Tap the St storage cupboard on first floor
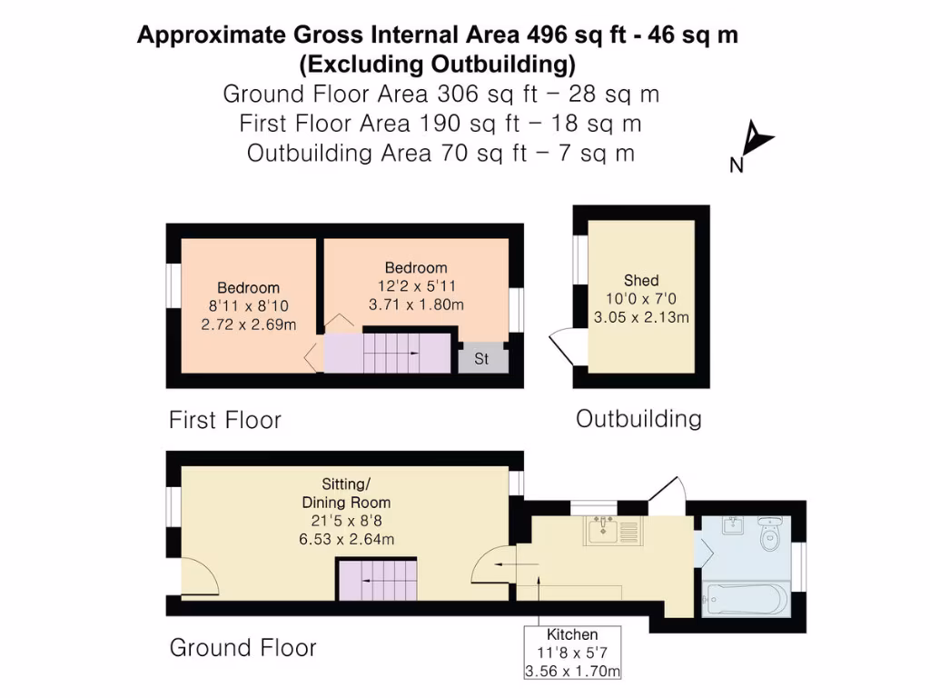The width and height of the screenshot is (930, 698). (x=481, y=358)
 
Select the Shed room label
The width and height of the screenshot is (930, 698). (x=641, y=280)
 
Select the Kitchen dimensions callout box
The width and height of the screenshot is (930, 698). (x=572, y=653)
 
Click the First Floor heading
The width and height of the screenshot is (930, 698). (x=225, y=420)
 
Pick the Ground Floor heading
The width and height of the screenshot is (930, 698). (x=242, y=648)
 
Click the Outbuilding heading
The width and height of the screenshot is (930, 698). (x=638, y=418)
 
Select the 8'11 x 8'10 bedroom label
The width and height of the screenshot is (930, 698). (x=249, y=306)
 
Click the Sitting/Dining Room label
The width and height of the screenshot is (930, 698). (x=347, y=493)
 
